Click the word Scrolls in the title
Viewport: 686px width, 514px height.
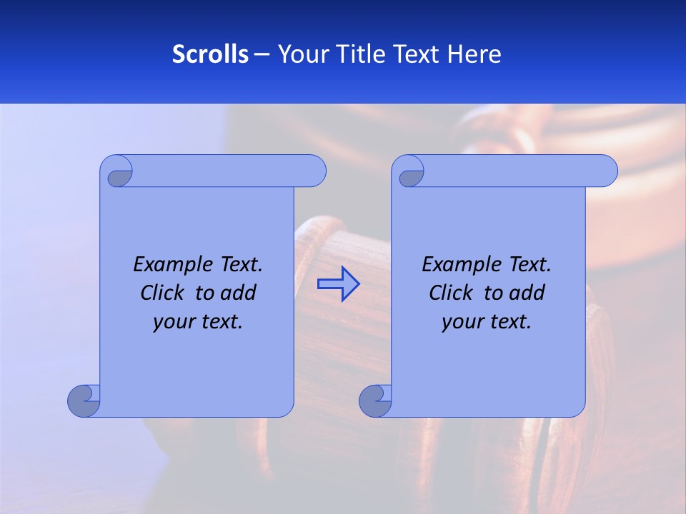point(210,54)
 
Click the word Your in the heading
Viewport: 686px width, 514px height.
point(301,54)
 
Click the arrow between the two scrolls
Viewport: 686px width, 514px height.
point(338,284)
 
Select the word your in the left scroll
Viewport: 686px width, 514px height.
point(174,321)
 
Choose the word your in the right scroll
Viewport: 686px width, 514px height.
point(462,321)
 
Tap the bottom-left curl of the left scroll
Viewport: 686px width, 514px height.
point(84,400)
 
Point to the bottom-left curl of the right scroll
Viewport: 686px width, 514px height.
point(374,400)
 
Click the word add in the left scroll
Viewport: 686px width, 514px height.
point(239,293)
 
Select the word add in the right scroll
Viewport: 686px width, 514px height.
point(527,293)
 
